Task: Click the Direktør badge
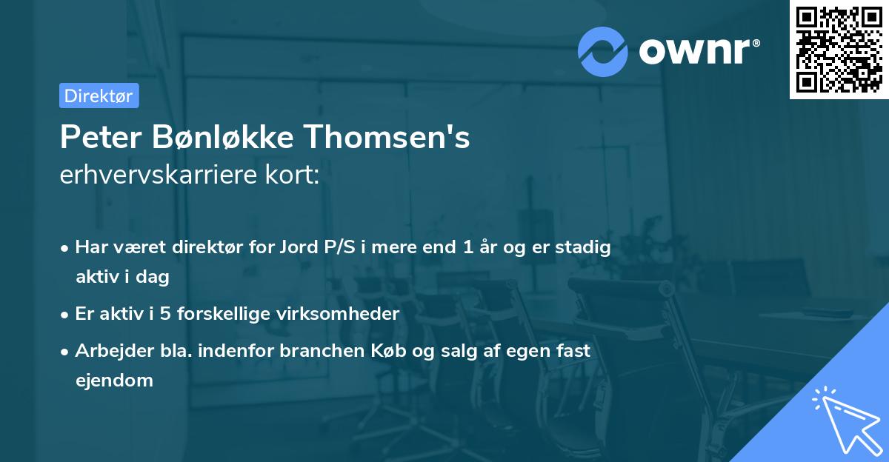click(99, 96)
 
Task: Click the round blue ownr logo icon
click(603, 51)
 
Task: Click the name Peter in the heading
click(101, 138)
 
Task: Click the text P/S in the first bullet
click(339, 248)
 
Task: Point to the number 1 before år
click(467, 248)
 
